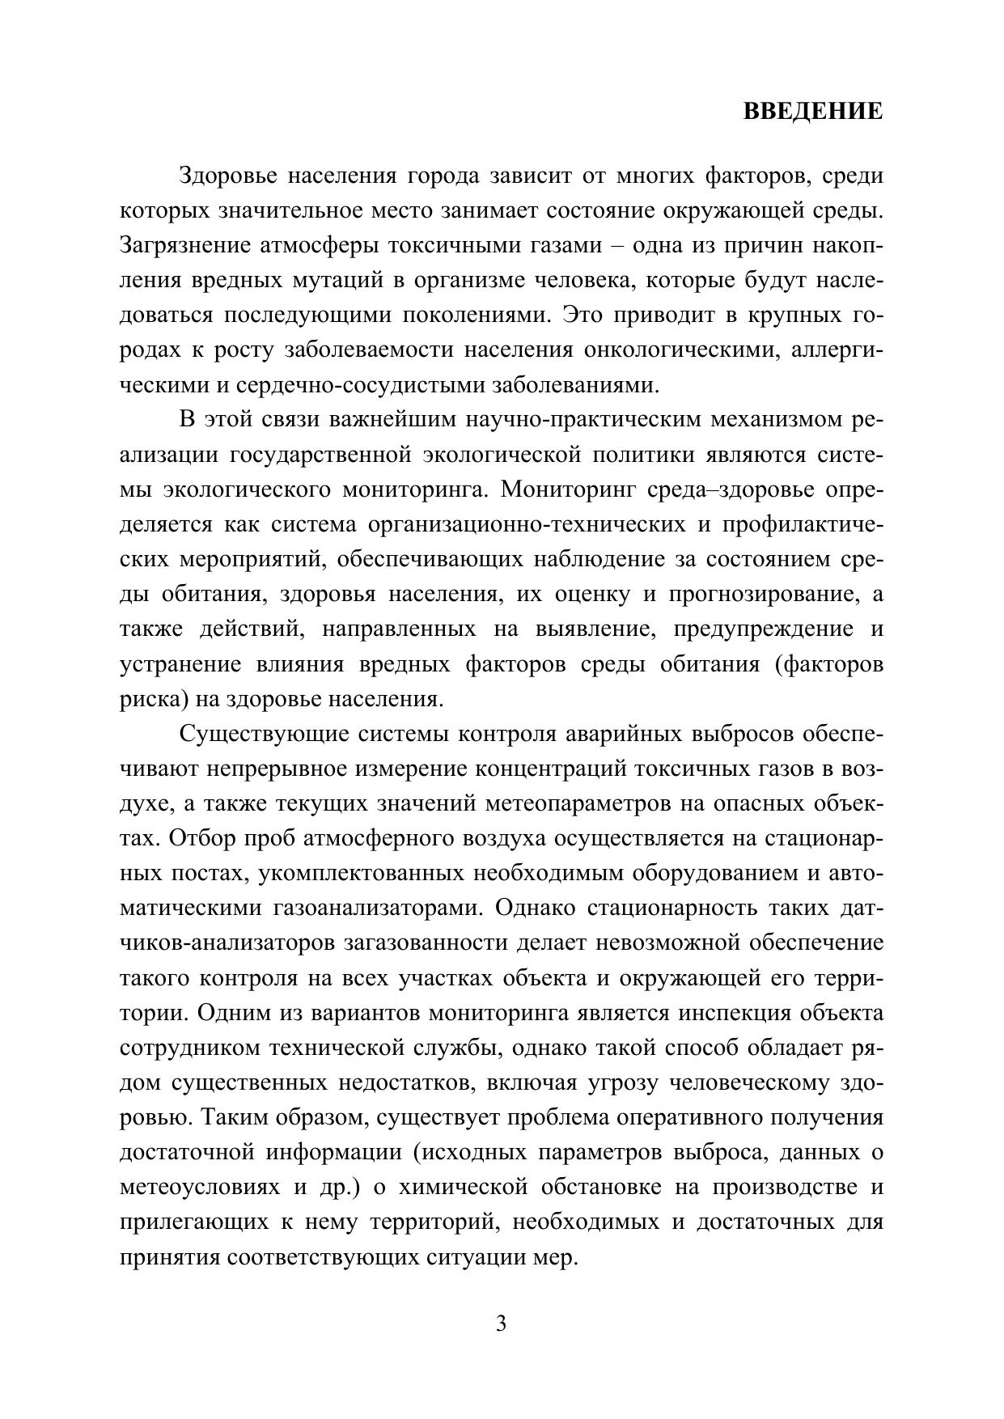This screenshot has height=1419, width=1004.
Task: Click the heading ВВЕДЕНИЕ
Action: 813,112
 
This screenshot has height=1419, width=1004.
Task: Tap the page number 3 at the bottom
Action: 501,1324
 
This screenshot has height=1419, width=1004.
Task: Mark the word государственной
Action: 322,455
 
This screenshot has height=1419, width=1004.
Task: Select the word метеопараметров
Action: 573,804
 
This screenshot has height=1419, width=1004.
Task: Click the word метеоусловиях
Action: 199,1187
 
